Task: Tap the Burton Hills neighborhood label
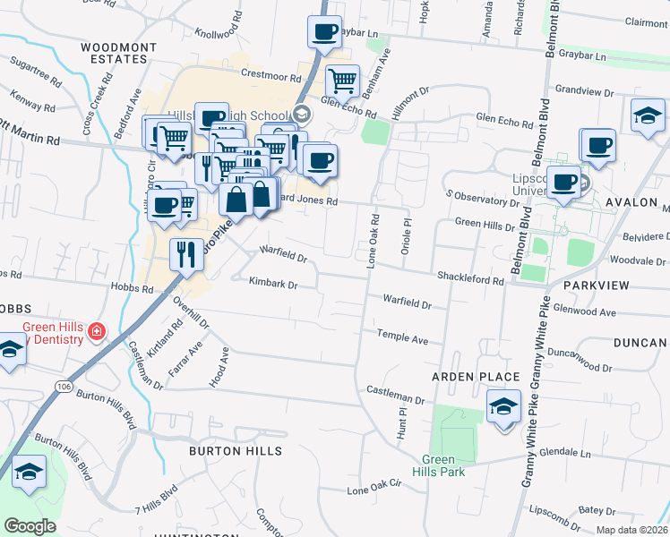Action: [x=228, y=451]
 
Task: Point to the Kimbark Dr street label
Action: [x=272, y=284]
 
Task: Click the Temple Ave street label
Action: [x=403, y=339]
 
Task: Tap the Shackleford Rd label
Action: [x=470, y=280]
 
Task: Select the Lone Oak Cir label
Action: [x=372, y=490]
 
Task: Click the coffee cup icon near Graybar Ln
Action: [x=324, y=32]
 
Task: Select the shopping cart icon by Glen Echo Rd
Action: [x=342, y=81]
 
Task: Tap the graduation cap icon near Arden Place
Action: [x=503, y=406]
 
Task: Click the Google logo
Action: [x=30, y=526]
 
